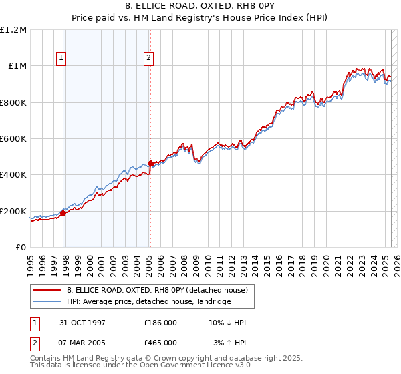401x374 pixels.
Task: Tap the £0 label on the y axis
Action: coord(21,248)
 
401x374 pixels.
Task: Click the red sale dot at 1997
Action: coord(63,214)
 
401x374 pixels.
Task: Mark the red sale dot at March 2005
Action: coord(150,163)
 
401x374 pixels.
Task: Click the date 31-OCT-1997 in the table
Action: coord(78,323)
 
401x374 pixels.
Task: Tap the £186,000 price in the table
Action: coord(160,323)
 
